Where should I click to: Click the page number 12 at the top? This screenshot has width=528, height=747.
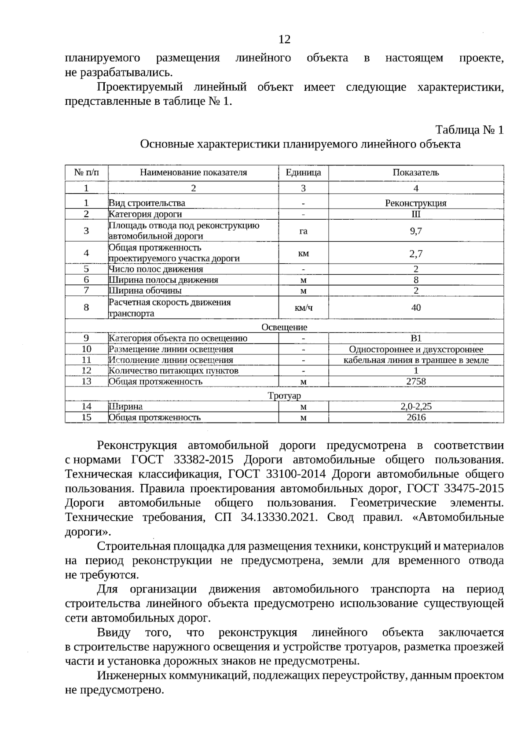coord(284,40)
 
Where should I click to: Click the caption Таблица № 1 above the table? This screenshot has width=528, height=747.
coord(469,130)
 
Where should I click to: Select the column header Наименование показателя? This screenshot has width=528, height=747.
coord(193,173)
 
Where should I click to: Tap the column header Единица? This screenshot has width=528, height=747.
coord(303,173)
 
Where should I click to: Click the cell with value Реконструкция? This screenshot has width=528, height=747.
coord(415,203)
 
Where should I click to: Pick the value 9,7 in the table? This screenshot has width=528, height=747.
coord(415,231)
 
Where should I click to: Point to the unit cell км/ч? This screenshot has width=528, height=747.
coord(303,308)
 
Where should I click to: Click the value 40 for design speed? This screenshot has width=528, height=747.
coord(415,308)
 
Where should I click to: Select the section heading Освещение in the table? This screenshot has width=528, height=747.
coord(284,327)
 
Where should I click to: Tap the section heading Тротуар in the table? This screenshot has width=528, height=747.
coord(284,396)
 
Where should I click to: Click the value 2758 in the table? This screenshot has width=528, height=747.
coord(415,381)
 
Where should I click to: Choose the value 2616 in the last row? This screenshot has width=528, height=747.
coord(415,417)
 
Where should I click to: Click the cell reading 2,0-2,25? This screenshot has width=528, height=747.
coord(415,407)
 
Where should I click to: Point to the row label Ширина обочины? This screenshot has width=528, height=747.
coord(145,291)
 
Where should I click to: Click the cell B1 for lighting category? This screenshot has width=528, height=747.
coord(415,338)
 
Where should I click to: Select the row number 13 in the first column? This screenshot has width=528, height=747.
coord(86,381)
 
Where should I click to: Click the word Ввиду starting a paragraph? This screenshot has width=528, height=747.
coord(114,633)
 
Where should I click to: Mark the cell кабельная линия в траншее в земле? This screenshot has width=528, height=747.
coord(415,360)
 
